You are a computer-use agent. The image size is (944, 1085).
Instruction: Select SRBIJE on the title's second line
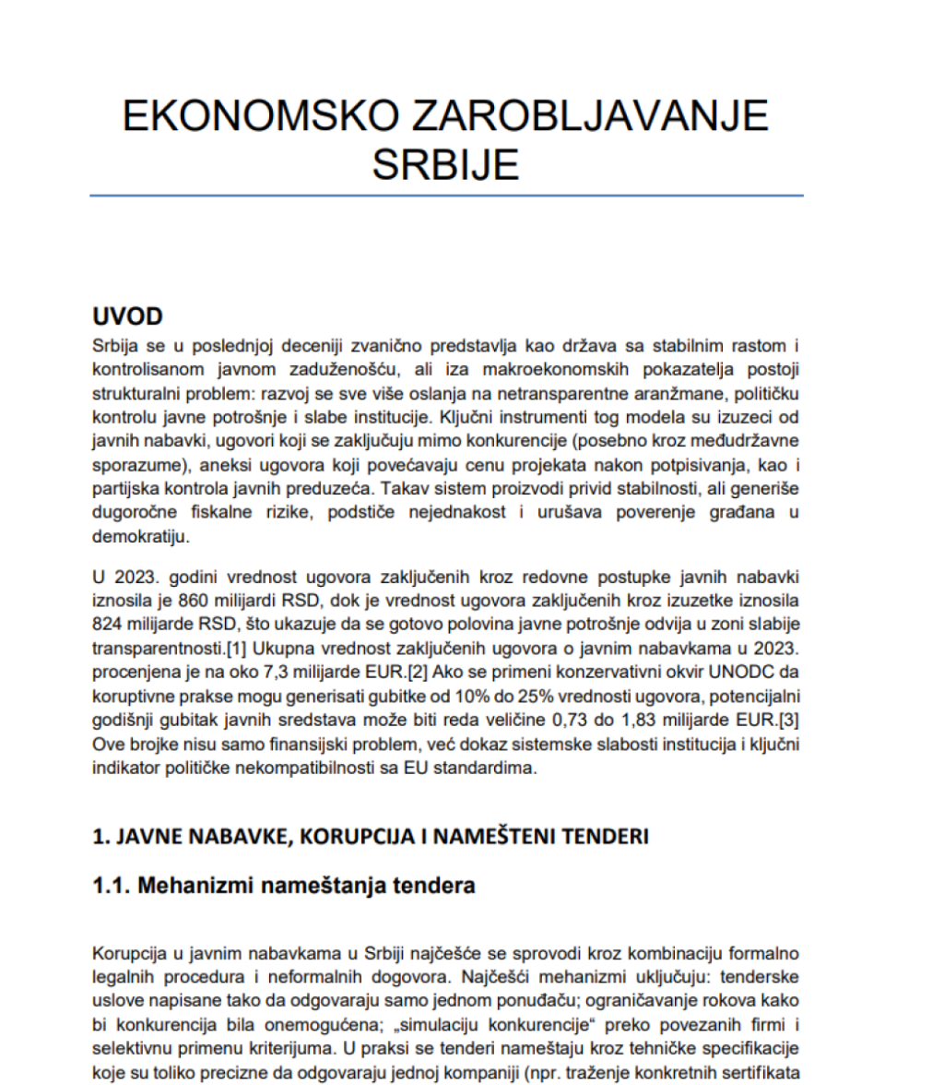pyautogui.click(x=445, y=165)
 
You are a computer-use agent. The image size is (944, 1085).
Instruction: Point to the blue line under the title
pyautogui.click(x=446, y=196)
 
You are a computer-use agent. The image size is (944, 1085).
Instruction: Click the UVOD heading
pyautogui.click(x=127, y=316)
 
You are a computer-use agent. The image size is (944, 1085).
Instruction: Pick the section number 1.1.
pyautogui.click(x=113, y=887)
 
